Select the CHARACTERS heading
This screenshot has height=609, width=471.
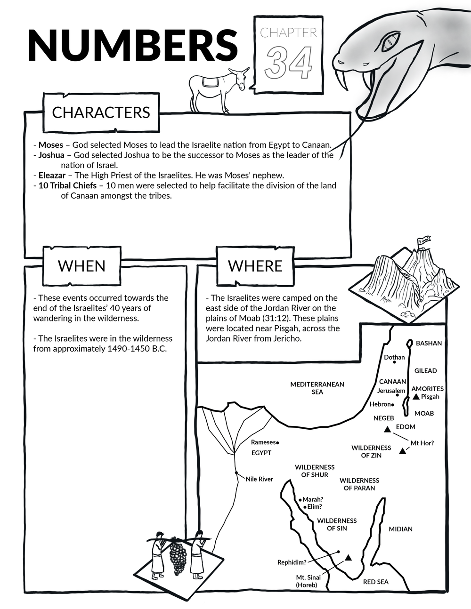pyautogui.click(x=101, y=112)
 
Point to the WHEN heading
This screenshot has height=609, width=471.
pyautogui.click(x=81, y=266)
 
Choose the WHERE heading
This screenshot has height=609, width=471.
pyautogui.click(x=255, y=266)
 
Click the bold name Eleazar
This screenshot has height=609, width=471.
pyautogui.click(x=52, y=175)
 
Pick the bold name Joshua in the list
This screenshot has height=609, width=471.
pyautogui.click(x=51, y=155)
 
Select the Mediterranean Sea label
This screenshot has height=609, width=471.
pyautogui.click(x=317, y=388)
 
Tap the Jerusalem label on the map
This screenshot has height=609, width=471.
pyautogui.click(x=391, y=391)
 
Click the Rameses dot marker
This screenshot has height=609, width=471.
pyautogui.click(x=278, y=443)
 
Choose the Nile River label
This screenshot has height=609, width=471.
pyautogui.click(x=259, y=479)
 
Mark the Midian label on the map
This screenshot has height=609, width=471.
pyautogui.click(x=400, y=529)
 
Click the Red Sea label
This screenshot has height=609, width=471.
pyautogui.click(x=375, y=582)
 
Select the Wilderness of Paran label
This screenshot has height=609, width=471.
pyautogui.click(x=359, y=484)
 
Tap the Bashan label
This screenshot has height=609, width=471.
pyautogui.click(x=429, y=343)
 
